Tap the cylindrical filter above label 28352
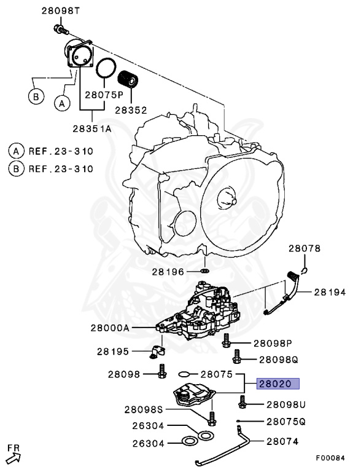coord(130,81)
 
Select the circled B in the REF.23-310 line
coord(15,169)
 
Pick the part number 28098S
coord(144,409)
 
